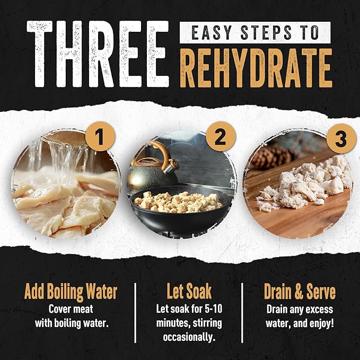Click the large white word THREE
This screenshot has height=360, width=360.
(x=98, y=54)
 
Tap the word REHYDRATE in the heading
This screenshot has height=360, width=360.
(x=256, y=68)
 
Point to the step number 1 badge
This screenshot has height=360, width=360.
(x=100, y=137)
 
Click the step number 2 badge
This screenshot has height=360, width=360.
(x=221, y=137)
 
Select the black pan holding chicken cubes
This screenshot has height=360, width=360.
(x=180, y=210)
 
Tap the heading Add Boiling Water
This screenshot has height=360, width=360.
(x=71, y=292)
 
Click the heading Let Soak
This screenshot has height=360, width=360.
(x=189, y=292)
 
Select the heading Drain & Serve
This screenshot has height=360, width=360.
(x=300, y=292)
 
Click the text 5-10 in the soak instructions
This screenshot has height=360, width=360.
(x=213, y=309)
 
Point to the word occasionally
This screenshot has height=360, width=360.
(x=189, y=337)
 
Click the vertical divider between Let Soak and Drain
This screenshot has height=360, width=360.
(x=242, y=313)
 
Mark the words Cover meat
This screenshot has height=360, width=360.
(x=71, y=309)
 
